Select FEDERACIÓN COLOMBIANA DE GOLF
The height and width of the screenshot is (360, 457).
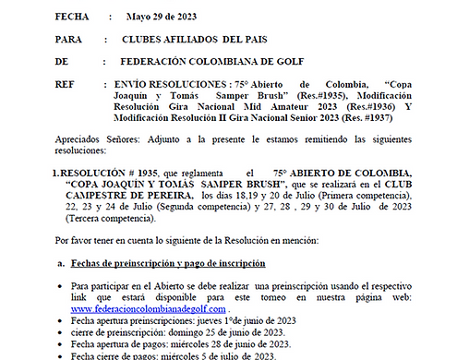pos(226,63)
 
